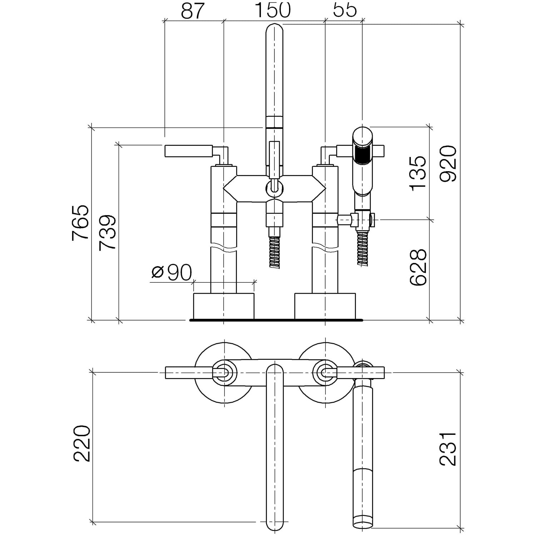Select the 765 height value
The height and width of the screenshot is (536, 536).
(x=80, y=223)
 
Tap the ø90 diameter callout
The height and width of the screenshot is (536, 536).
(x=172, y=273)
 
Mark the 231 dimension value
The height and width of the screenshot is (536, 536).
(x=448, y=449)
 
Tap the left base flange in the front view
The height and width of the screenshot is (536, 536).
(x=224, y=306)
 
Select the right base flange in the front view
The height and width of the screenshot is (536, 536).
(x=325, y=306)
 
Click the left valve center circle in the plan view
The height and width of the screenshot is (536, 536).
(x=224, y=373)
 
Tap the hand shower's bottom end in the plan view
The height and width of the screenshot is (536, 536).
(x=362, y=520)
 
